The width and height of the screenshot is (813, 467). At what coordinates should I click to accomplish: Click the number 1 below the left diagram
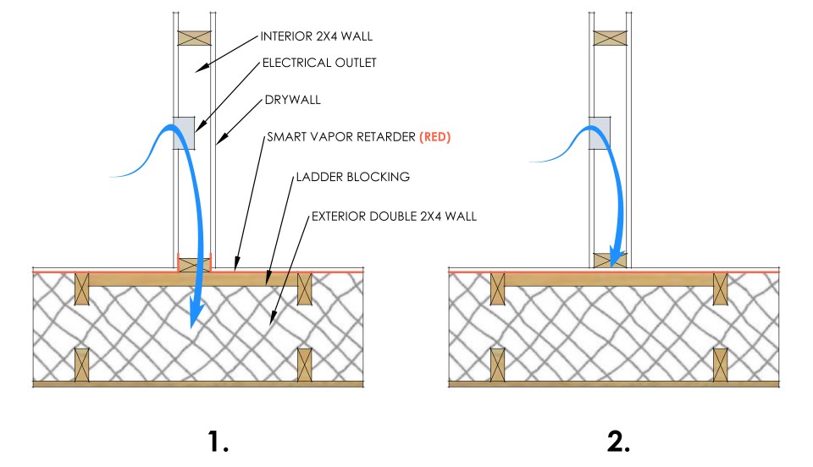tap(218, 442)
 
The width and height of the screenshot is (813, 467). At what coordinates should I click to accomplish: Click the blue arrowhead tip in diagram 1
tap(194, 327)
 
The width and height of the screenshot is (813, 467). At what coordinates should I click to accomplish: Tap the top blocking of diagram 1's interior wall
tap(194, 38)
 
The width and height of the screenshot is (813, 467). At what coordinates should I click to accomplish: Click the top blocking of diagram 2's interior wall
tap(610, 38)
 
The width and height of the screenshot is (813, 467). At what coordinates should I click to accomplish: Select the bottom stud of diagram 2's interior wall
tap(610, 260)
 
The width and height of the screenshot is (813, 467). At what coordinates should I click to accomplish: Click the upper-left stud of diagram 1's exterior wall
tap(82, 288)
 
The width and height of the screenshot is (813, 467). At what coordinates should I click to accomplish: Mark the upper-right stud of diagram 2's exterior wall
tap(721, 288)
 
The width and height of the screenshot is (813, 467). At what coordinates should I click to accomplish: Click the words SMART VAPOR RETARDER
tap(341, 136)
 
